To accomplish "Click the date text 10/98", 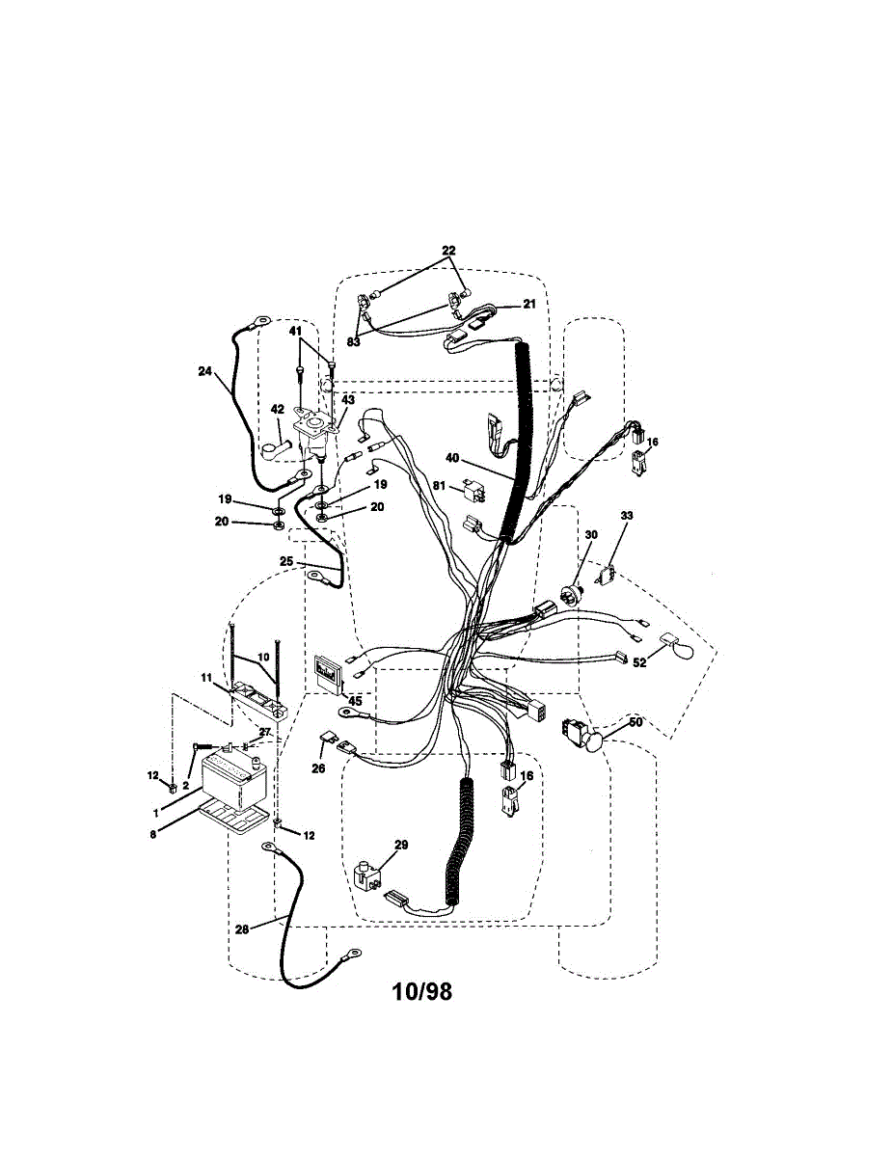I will [421, 992].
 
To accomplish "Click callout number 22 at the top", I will [447, 251].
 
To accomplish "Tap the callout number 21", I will [528, 304].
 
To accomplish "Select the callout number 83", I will [354, 341].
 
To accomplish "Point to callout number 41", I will [297, 331].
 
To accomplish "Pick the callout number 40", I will [451, 458].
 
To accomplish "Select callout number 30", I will [590, 535].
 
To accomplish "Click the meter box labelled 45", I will [328, 673].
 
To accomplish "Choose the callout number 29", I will [401, 845].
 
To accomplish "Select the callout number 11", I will [206, 679].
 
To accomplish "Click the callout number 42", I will [276, 410].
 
